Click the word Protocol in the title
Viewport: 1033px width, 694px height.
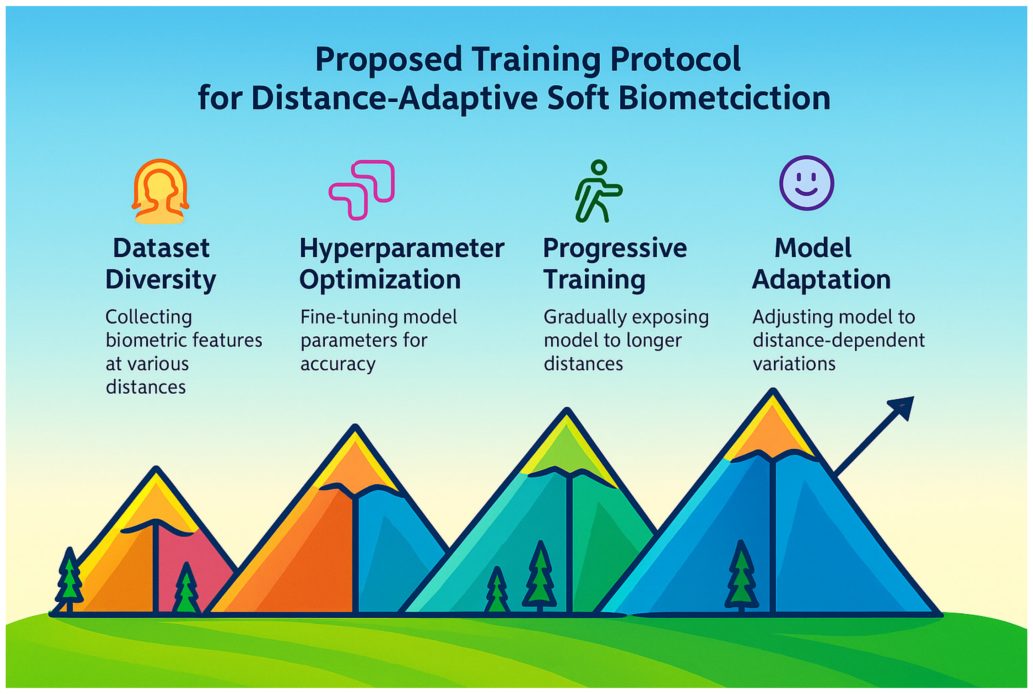point(675,60)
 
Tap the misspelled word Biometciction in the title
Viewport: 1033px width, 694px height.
point(724,98)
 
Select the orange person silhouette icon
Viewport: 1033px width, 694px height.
point(160,191)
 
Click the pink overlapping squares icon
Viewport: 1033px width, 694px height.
point(361,189)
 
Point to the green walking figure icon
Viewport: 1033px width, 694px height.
point(598,191)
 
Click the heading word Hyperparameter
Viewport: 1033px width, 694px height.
point(402,249)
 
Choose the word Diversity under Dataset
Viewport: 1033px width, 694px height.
point(161,281)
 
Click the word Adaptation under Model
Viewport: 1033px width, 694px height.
point(821,281)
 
